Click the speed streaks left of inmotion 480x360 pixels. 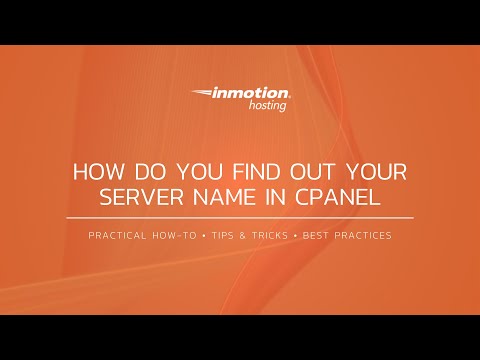click(200, 95)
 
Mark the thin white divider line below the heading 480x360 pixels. click(240, 217)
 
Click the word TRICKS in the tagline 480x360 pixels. click(288, 236)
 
